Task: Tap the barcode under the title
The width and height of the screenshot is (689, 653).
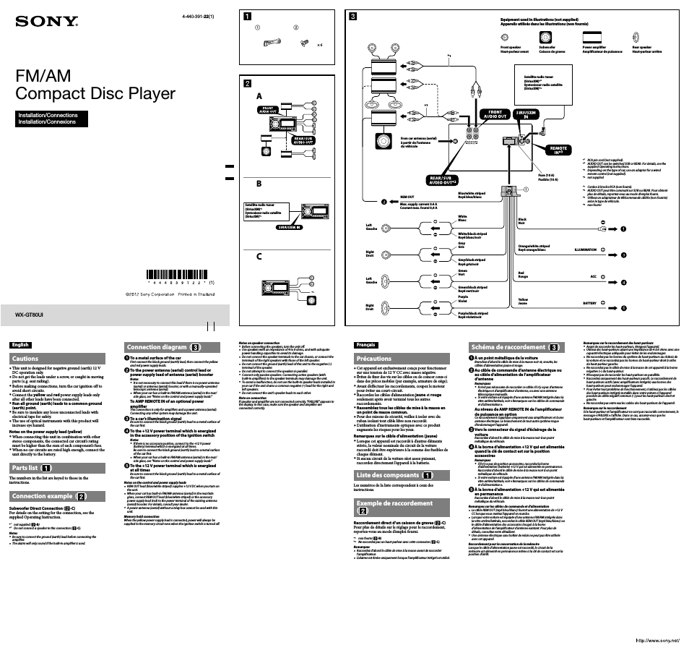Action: tap(181, 276)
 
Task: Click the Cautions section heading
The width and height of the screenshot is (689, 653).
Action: tap(25, 359)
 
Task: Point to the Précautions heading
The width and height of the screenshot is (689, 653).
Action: tap(373, 359)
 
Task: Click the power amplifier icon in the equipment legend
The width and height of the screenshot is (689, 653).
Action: tap(593, 38)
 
